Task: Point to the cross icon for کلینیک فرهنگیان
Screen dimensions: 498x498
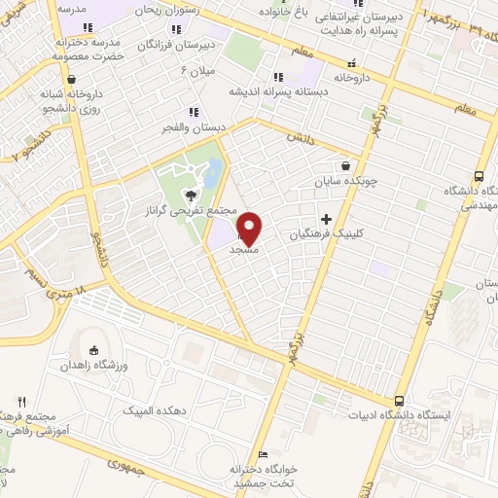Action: click(x=326, y=220)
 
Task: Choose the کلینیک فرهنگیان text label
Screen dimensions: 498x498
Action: click(x=326, y=235)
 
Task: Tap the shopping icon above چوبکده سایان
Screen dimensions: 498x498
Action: click(x=347, y=165)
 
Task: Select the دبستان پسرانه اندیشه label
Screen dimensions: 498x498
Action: click(x=277, y=90)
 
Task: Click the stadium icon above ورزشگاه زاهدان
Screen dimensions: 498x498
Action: click(x=94, y=351)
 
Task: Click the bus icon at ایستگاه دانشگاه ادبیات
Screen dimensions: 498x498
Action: click(x=400, y=401)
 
